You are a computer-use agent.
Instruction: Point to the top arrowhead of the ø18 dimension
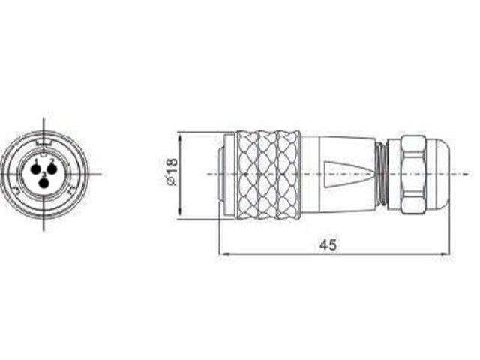coord(180,135)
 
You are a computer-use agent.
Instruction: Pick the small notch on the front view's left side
coord(16,191)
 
